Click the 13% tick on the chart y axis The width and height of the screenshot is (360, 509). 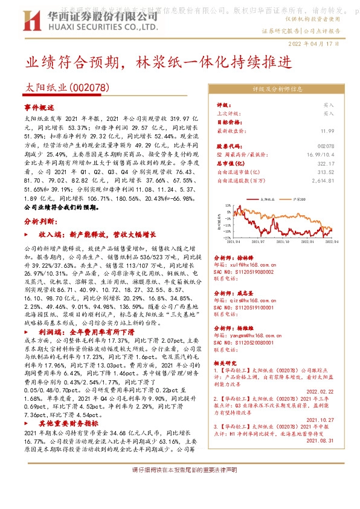(225, 206)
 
